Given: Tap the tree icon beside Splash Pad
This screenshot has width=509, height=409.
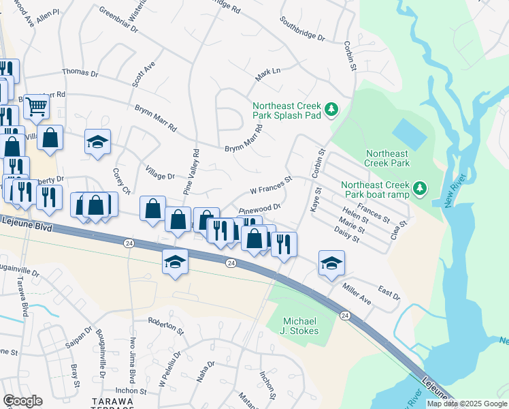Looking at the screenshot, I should (x=332, y=109).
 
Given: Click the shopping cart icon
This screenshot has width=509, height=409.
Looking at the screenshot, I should (x=36, y=106).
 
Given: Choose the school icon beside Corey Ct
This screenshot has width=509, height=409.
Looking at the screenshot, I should (x=97, y=142).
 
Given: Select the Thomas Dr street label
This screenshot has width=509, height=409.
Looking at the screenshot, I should (x=80, y=72).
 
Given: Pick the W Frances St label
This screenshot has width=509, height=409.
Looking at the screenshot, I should (x=271, y=184).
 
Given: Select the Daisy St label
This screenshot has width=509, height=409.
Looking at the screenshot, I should (x=347, y=235).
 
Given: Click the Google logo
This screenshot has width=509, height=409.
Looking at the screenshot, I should (x=22, y=401).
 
